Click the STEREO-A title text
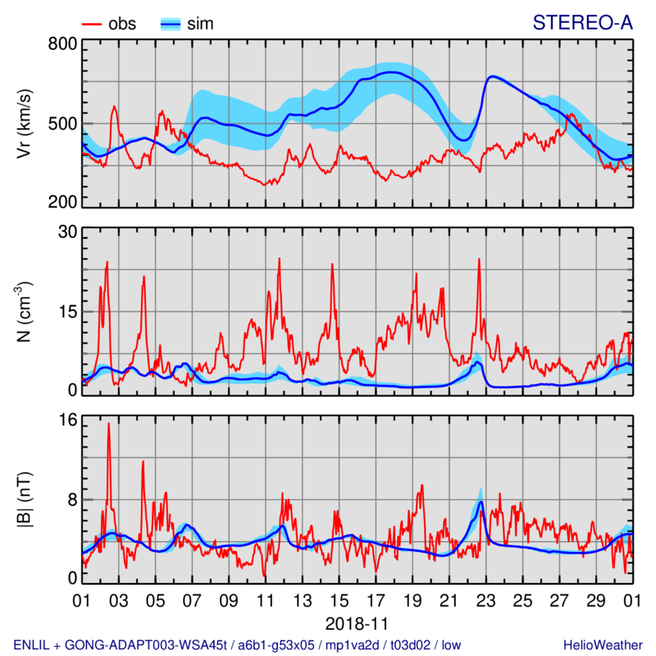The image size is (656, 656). (582, 23)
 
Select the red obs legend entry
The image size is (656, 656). (111, 24)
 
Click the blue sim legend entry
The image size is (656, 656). (187, 24)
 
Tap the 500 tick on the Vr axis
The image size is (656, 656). (65, 124)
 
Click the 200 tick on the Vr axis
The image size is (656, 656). (65, 203)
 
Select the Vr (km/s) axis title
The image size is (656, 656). (26, 123)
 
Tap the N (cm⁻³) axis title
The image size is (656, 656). (26, 312)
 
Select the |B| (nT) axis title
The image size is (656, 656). (26, 499)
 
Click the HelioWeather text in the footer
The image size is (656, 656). (599, 645)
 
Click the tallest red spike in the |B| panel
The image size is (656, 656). (108, 424)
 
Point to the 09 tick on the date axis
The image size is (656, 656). (229, 600)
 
